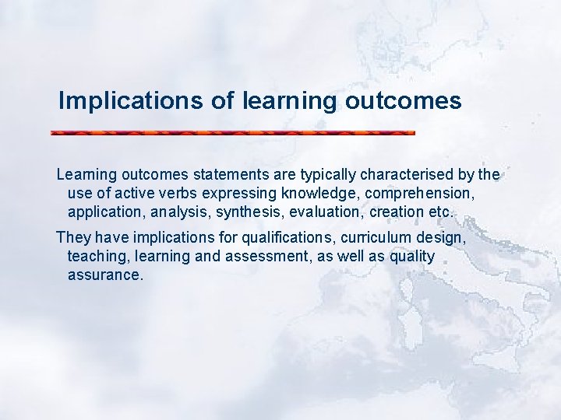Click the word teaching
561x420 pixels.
click(97, 256)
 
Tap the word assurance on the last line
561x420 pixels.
click(105, 275)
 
